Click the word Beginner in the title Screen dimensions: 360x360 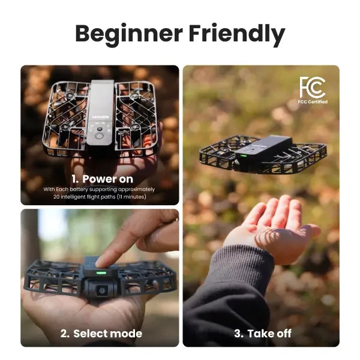[128, 34]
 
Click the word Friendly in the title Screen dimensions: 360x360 [237, 34]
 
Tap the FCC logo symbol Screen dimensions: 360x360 [313, 88]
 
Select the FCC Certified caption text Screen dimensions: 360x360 [313, 102]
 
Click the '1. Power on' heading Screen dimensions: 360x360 [102, 179]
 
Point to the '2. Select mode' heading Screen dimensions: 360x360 [101, 334]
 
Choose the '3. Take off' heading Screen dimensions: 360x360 [263, 334]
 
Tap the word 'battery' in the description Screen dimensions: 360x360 [79, 190]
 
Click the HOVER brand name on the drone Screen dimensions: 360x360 [100, 117]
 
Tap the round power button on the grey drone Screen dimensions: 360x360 [99, 136]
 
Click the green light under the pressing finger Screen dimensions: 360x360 [101, 273]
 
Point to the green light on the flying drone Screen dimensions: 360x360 [243, 156]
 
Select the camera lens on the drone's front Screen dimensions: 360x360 [102, 290]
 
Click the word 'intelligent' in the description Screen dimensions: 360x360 [75, 197]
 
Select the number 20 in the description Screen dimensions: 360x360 [56, 197]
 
